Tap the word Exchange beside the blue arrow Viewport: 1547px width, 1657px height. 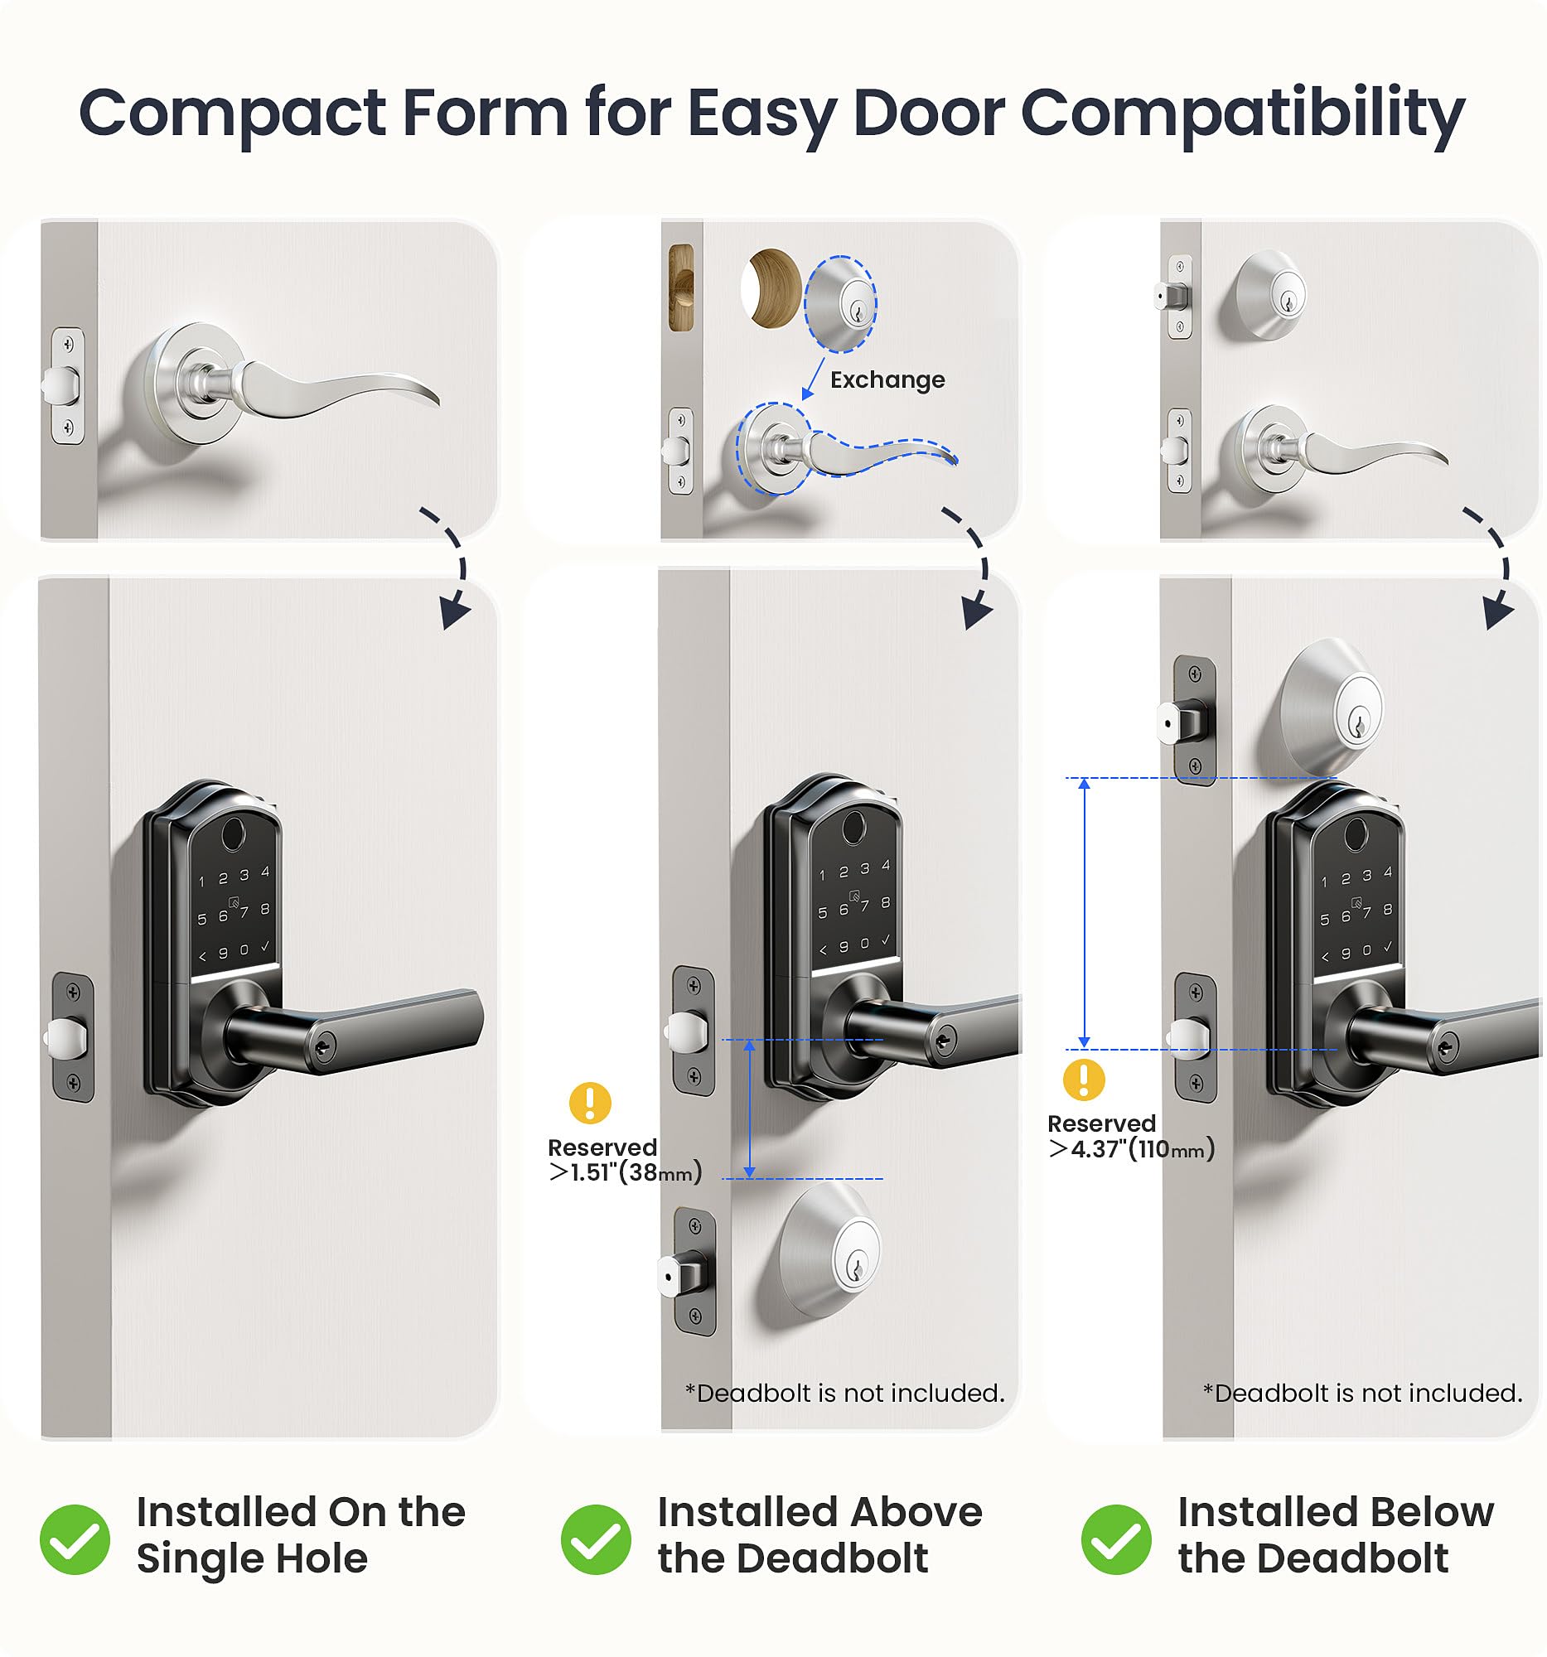887,380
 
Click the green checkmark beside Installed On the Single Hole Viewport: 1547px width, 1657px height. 75,1539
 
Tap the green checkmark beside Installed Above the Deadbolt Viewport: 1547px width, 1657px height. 595,1539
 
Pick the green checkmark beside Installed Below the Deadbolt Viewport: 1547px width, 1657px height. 1115,1539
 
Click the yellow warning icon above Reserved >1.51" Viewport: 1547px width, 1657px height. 590,1103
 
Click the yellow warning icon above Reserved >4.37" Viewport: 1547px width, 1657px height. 1084,1080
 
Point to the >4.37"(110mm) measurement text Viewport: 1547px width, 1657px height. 1131,1149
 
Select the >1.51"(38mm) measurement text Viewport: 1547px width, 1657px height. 625,1172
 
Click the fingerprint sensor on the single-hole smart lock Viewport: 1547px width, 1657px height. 234,831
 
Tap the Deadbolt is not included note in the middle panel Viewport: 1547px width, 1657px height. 844,1393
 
